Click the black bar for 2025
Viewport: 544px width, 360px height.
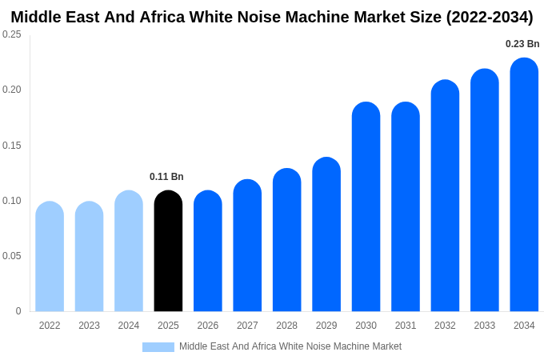coord(168,251)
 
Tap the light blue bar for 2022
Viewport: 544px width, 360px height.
coord(50,257)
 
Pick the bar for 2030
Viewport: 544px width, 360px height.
coord(366,207)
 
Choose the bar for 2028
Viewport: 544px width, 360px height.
coord(286,240)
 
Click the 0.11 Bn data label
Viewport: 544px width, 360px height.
coord(166,177)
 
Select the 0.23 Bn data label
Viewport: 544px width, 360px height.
coord(522,44)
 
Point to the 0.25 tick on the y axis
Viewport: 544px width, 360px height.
coord(12,34)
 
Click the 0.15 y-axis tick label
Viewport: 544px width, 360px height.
coord(12,146)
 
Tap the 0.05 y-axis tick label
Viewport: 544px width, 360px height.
coord(12,256)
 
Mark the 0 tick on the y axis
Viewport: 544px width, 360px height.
coord(18,311)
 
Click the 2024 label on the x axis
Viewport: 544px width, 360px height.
coord(129,326)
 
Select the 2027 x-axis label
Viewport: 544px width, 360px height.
coord(247,326)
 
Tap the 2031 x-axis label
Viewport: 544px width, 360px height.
coord(406,326)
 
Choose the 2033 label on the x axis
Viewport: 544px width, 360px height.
coord(484,326)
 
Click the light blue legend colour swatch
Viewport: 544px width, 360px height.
coord(158,347)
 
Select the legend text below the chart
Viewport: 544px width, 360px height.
coord(290,346)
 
